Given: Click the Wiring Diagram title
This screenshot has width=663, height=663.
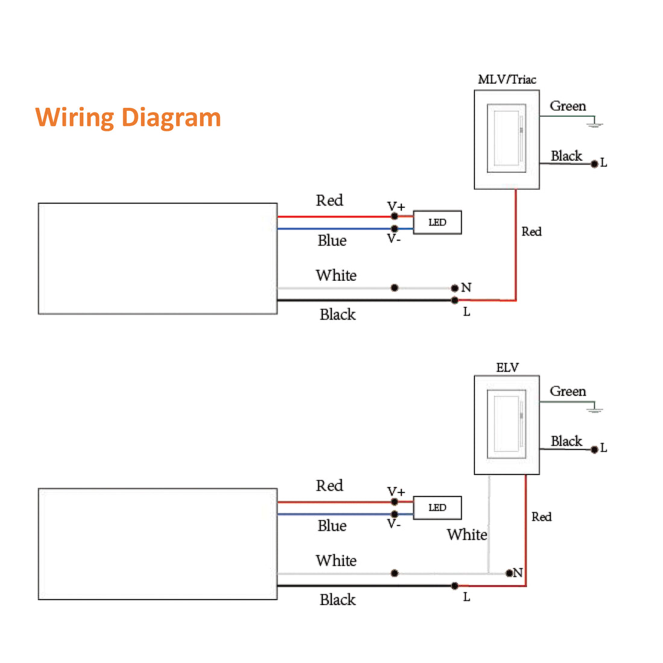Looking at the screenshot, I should (x=128, y=117).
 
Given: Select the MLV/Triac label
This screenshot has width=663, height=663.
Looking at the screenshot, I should (x=506, y=80).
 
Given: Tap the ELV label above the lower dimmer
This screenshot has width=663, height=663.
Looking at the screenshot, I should (x=507, y=368).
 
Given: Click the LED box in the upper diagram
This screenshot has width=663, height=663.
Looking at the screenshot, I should (x=437, y=222).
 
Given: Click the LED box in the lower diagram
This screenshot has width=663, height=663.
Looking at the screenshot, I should (x=437, y=507).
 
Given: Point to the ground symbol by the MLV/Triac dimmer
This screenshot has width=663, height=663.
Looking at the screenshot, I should (x=595, y=125).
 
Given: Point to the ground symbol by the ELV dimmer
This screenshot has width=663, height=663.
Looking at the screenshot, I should (x=595, y=410).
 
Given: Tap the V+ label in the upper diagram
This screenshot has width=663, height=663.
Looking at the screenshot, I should (x=395, y=207).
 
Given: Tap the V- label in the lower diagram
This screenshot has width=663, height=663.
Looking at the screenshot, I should (x=394, y=524).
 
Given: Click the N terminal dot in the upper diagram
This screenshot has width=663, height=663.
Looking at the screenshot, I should (x=454, y=288).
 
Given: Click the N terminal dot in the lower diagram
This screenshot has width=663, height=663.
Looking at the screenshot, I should (x=509, y=573).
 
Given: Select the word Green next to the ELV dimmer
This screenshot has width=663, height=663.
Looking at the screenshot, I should (x=567, y=392).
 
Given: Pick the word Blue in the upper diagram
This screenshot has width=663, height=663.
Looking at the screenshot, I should (x=331, y=240).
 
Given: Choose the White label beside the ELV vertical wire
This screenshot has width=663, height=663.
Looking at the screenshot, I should (x=467, y=535).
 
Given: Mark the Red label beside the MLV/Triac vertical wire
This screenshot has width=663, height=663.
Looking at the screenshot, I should (x=531, y=231).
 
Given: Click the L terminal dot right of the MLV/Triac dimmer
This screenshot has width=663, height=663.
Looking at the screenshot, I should (x=594, y=163).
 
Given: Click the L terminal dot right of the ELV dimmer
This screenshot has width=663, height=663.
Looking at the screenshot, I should (x=594, y=449).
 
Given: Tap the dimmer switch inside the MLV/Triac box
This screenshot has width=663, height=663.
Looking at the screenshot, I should (x=506, y=139).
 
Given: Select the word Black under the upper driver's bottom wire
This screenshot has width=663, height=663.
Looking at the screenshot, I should (x=337, y=315).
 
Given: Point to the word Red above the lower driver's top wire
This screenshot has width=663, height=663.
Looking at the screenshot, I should (x=329, y=486).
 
